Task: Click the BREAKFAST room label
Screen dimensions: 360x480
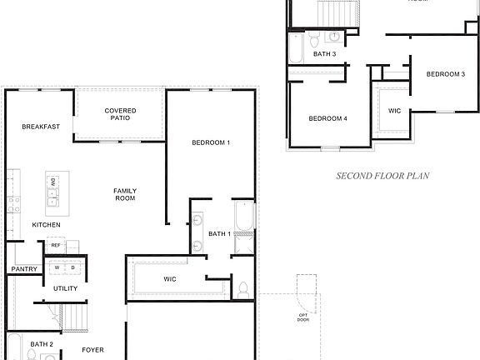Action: tap(41, 127)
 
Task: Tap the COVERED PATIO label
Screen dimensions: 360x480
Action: tap(121, 115)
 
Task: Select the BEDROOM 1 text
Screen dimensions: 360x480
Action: tap(211, 142)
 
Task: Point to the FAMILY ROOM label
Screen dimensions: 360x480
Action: tap(125, 194)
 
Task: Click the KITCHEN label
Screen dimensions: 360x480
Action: tap(46, 225)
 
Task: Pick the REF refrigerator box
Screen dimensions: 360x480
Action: tap(56, 245)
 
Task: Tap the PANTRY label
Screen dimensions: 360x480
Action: tap(24, 269)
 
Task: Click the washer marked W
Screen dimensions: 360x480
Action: tap(60, 267)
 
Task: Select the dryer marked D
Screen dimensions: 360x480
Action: tap(72, 267)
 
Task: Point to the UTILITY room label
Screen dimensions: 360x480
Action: tap(66, 289)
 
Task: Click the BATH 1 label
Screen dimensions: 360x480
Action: tap(219, 233)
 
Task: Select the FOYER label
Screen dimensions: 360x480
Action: tap(92, 350)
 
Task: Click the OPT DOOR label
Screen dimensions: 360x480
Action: tap(303, 317)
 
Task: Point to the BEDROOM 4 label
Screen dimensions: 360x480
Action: tap(327, 118)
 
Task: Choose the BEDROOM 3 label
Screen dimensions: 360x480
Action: tap(446, 74)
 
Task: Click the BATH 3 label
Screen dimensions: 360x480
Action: tap(325, 54)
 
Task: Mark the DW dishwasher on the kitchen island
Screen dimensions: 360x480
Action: tap(53, 182)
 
